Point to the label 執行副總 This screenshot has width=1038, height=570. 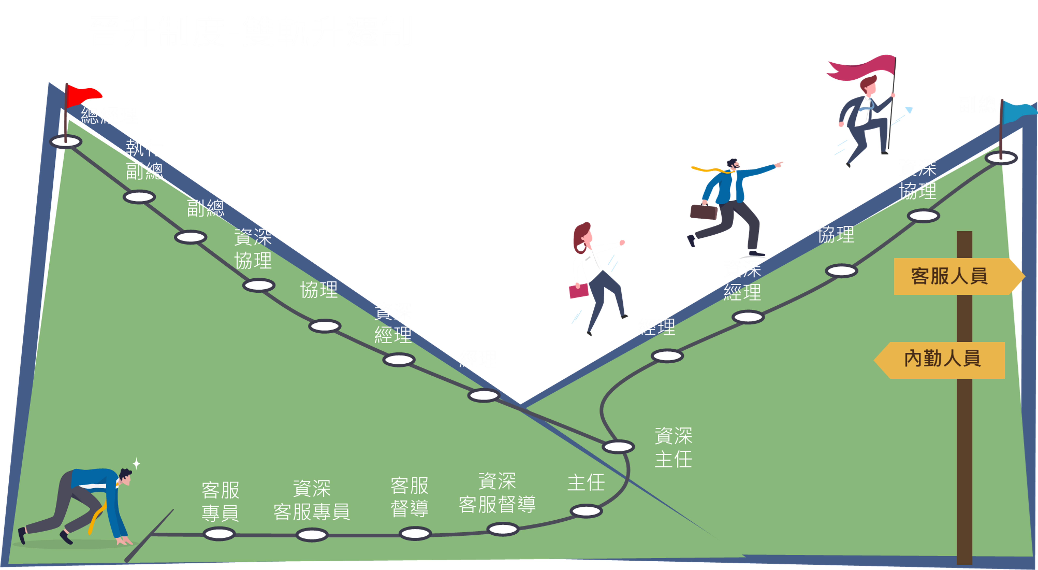144,159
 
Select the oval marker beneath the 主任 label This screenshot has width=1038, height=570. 586,511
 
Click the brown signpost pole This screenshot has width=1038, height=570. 964,443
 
